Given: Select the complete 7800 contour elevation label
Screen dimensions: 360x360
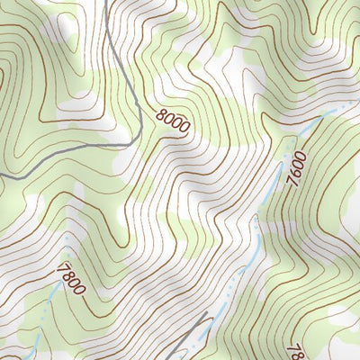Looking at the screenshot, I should (70, 278).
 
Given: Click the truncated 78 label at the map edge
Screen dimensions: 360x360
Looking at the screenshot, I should (292, 350).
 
